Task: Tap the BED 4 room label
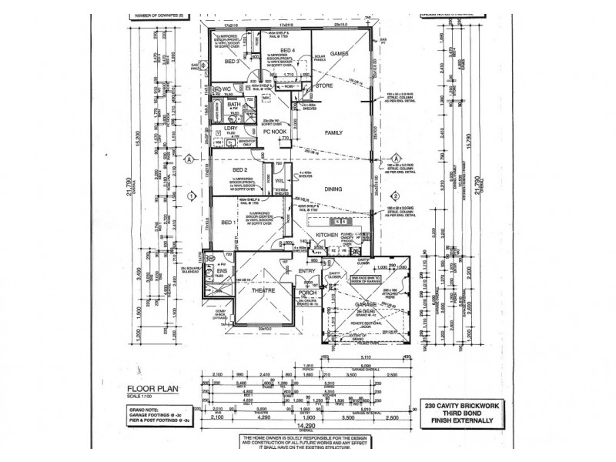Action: tap(288, 50)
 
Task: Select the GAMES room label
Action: tap(340, 53)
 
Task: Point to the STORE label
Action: tap(325, 86)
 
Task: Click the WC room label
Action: tap(227, 90)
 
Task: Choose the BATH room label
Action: tap(234, 105)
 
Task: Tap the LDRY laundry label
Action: tap(230, 129)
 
